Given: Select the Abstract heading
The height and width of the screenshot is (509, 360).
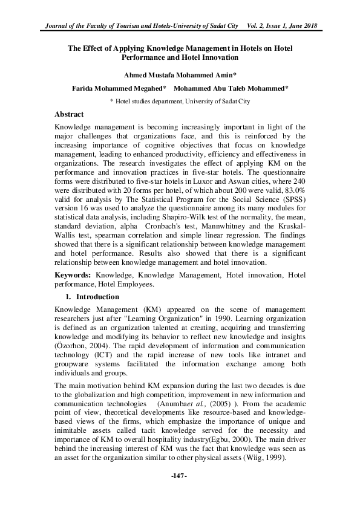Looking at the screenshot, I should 69,114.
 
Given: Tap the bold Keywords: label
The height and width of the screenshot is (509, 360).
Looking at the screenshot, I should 71,274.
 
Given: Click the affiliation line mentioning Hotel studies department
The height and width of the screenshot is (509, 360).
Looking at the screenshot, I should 180,102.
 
